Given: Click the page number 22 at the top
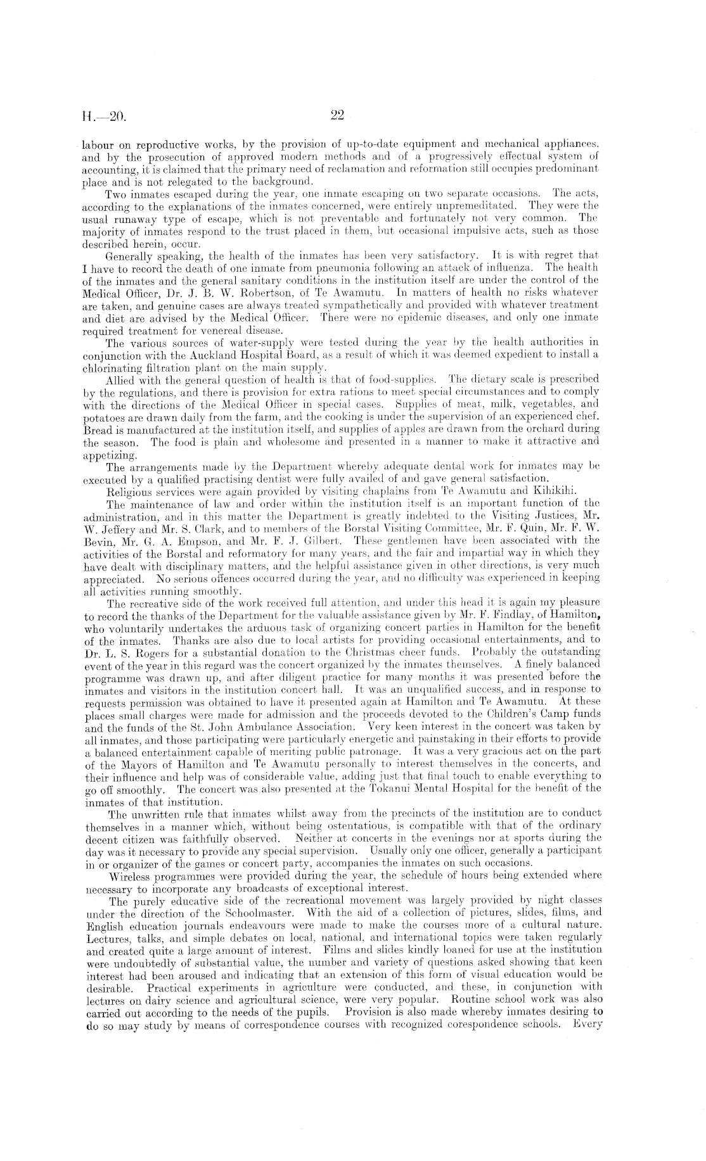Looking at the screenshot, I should [x=337, y=116].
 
